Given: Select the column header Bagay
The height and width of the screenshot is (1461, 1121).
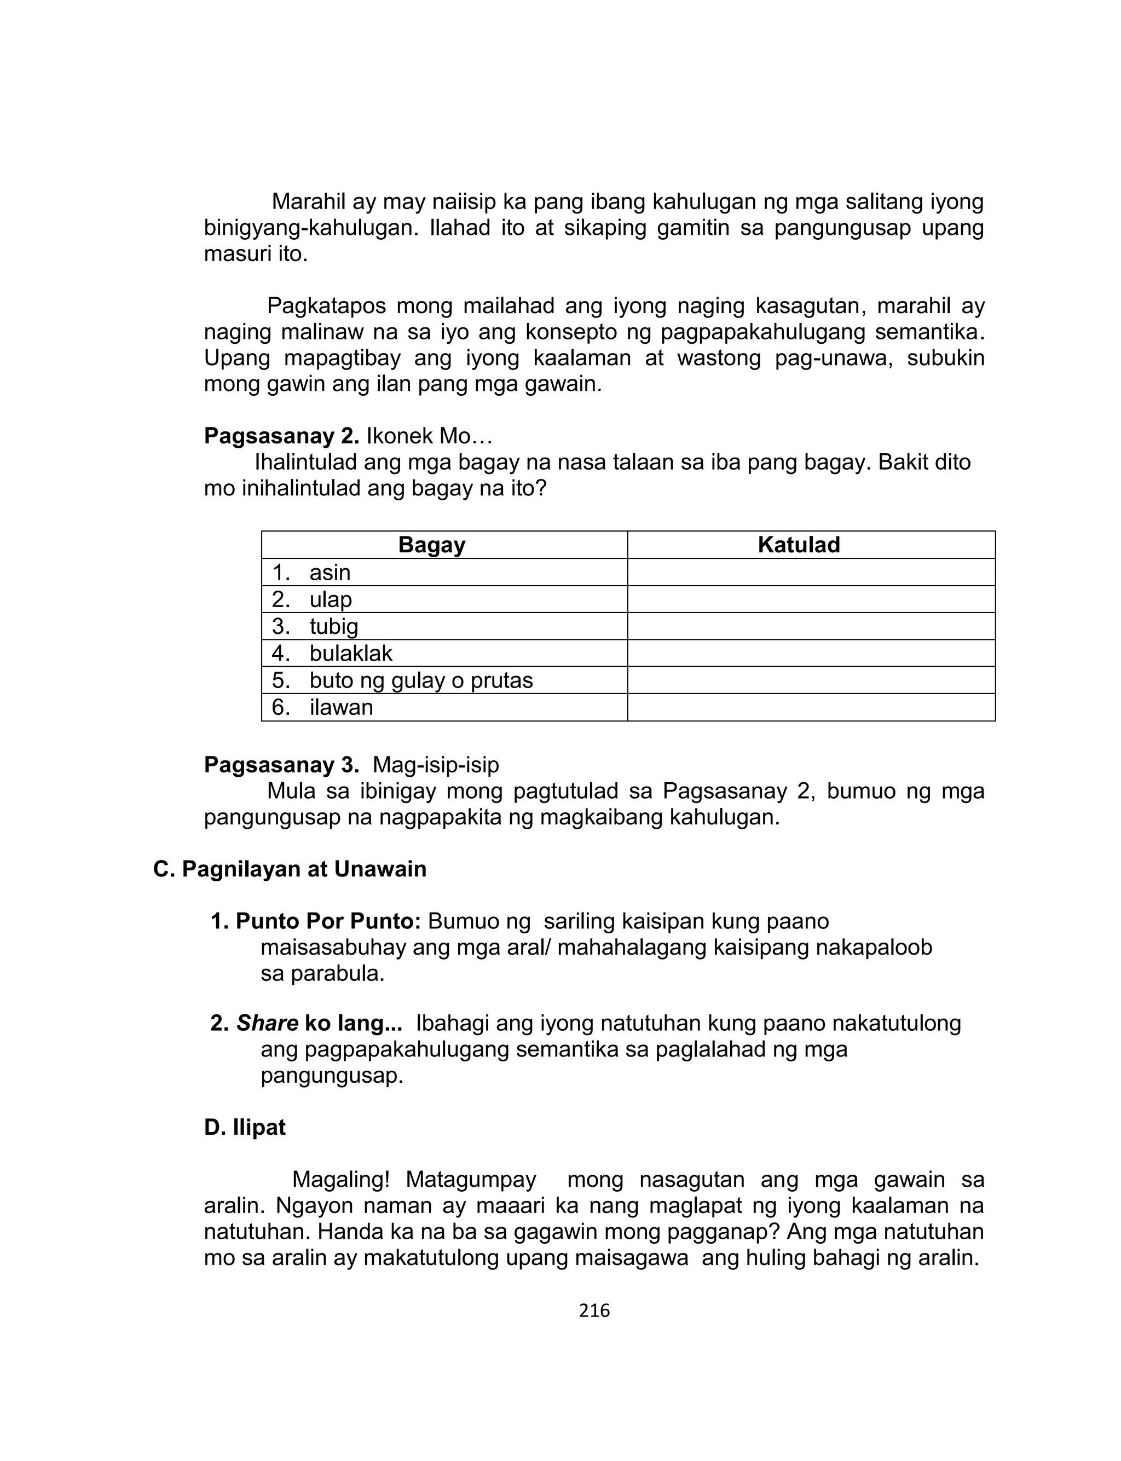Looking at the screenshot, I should pyautogui.click(x=432, y=545).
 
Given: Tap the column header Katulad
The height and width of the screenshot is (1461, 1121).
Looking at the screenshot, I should pyautogui.click(x=799, y=545).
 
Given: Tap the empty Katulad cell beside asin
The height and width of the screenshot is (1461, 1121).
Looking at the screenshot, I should pyautogui.click(x=811, y=573).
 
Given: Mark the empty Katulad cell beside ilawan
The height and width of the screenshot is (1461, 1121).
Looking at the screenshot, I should pyautogui.click(x=811, y=707).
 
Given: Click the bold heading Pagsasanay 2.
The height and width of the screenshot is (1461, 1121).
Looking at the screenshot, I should pyautogui.click(x=281, y=436).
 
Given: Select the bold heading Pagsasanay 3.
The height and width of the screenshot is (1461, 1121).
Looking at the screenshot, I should pyautogui.click(x=281, y=765).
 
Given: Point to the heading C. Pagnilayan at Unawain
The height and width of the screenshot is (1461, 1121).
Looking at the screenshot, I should pyautogui.click(x=290, y=869).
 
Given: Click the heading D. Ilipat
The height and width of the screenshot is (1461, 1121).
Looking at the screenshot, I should pyautogui.click(x=245, y=1128).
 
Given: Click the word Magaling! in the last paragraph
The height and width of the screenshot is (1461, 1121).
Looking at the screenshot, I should pyautogui.click(x=340, y=1180).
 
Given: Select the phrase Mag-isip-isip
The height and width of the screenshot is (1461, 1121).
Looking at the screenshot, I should pyautogui.click(x=436, y=765).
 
